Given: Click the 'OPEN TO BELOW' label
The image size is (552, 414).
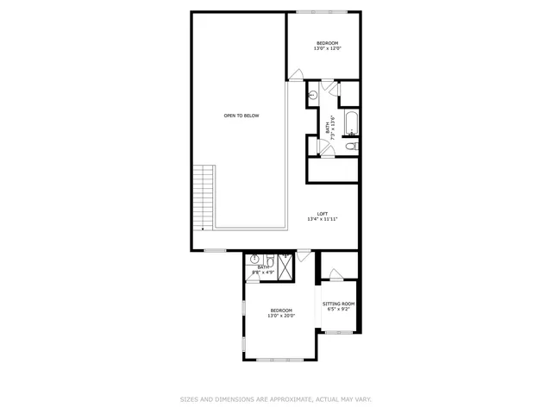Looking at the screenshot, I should click(241, 116).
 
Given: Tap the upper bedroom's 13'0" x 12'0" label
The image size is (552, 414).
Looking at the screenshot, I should click(328, 46).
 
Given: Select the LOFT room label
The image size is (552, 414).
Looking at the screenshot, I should click(322, 216).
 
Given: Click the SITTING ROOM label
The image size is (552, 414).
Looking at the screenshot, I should click(338, 306).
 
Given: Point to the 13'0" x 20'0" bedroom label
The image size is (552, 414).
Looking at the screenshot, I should click(281, 313).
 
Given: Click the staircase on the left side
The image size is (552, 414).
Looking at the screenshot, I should click(204, 197).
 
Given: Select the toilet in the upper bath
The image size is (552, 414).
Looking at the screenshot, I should click(350, 147).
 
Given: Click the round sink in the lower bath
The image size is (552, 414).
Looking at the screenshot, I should click(255, 259).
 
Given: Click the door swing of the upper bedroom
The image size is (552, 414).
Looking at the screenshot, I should click(296, 76).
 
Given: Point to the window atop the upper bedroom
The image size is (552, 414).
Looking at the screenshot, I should click(322, 12).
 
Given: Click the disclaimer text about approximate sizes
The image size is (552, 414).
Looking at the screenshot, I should click(275, 399).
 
